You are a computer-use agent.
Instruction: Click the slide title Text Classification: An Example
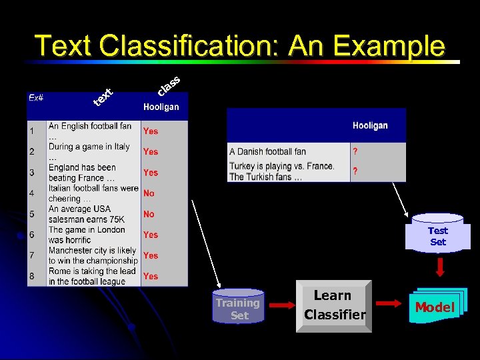click(x=240, y=46)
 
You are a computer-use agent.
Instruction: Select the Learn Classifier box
click(x=334, y=305)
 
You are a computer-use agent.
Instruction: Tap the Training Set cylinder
click(x=239, y=308)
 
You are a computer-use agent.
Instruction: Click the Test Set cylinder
click(x=437, y=235)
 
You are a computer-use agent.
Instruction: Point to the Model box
click(x=434, y=307)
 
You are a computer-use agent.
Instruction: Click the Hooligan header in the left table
click(x=161, y=107)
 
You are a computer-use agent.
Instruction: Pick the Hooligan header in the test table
click(x=370, y=125)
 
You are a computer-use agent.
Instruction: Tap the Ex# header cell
click(x=36, y=97)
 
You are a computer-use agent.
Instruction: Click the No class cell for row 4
click(x=149, y=193)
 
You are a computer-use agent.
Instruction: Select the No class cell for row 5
click(x=149, y=214)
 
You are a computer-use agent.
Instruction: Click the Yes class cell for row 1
click(x=151, y=131)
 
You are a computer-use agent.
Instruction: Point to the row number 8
click(x=31, y=276)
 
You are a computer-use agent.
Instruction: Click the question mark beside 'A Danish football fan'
click(x=355, y=151)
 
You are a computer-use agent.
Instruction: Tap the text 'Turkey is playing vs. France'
click(x=281, y=166)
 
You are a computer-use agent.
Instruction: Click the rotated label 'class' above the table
click(x=169, y=85)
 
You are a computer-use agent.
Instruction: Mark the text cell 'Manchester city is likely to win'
click(x=92, y=255)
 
